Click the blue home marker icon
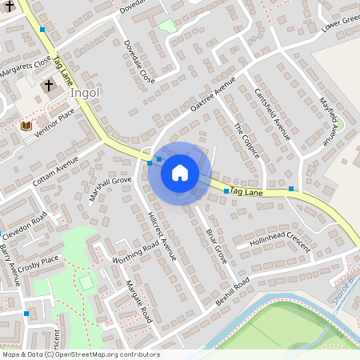180,173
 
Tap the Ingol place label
85,93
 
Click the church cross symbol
48,85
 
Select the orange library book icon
26,126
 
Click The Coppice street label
246,140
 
